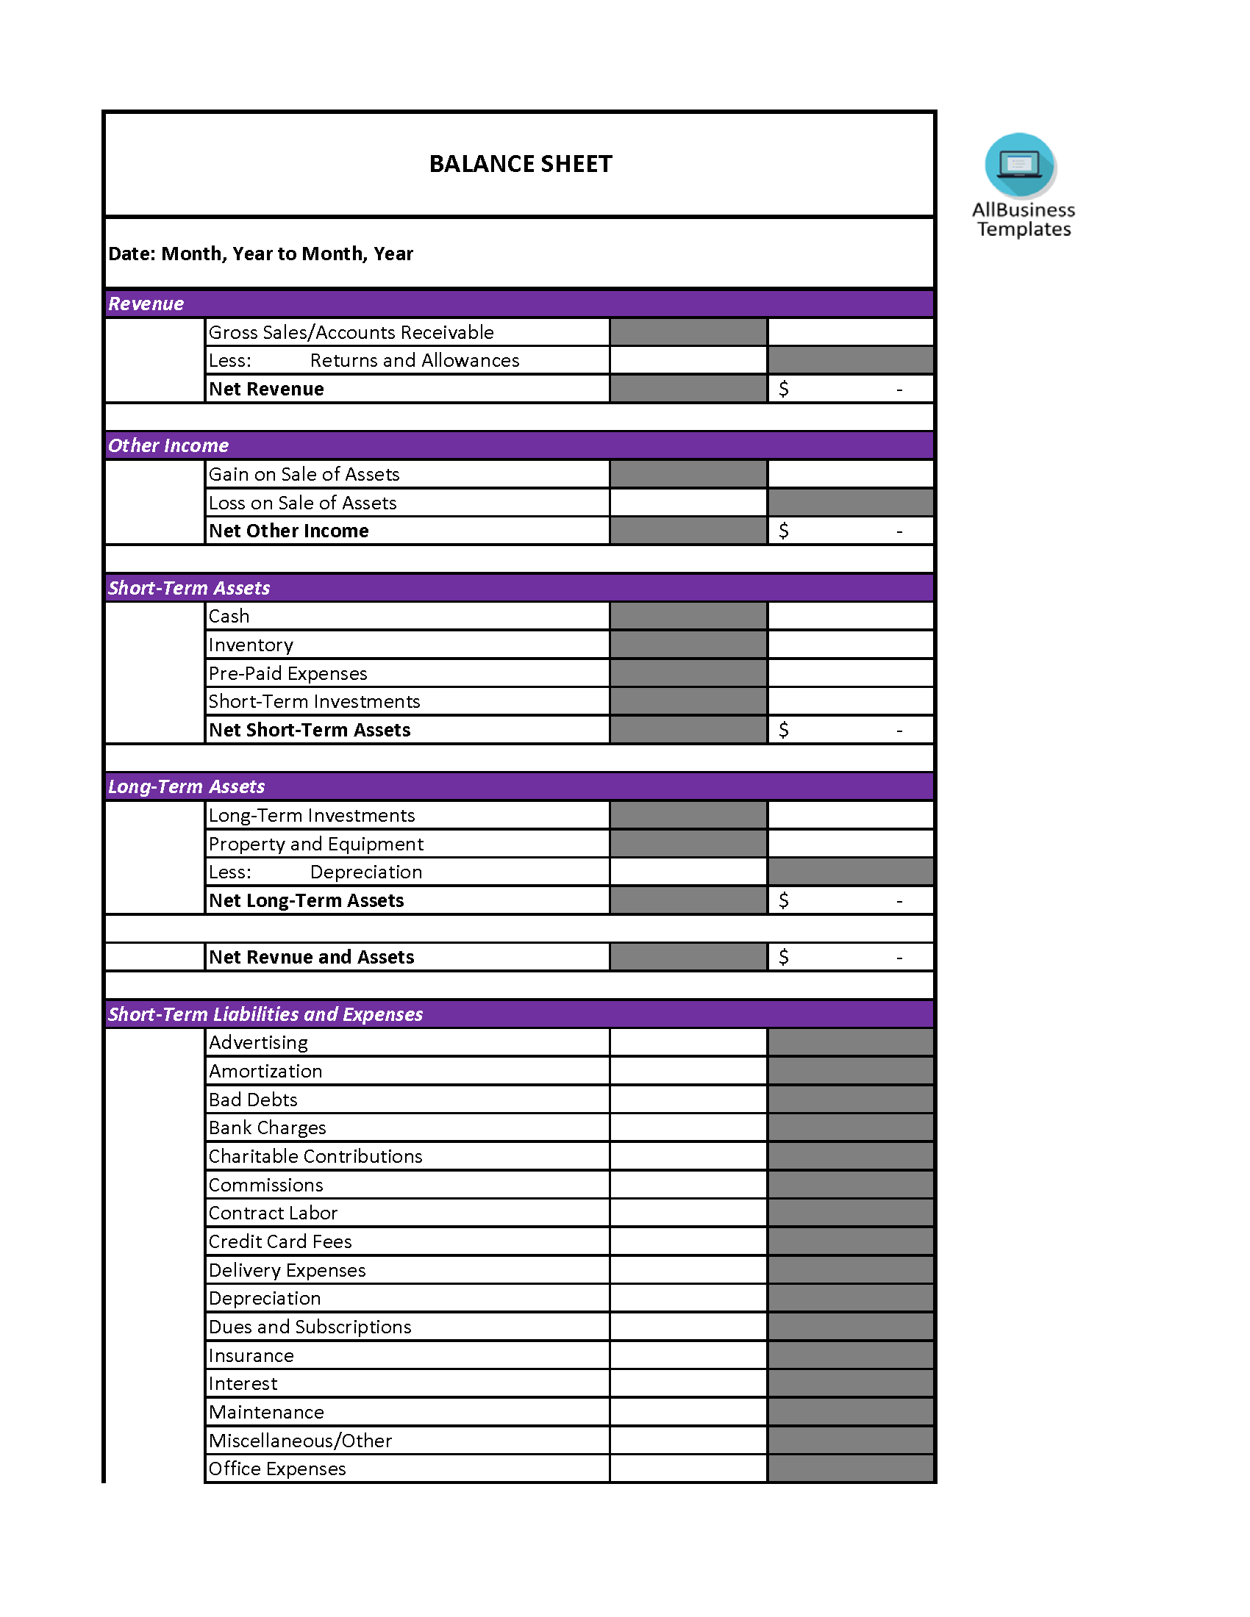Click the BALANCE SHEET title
(521, 164)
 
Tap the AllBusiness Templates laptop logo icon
(1020, 165)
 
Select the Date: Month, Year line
(261, 254)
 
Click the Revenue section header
(146, 304)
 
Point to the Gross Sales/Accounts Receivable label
(351, 332)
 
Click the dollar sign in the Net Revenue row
(784, 389)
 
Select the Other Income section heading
(168, 445)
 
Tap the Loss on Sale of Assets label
(302, 503)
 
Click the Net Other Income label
(289, 531)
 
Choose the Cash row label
(229, 616)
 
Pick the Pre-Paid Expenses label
(288, 673)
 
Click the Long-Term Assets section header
(187, 786)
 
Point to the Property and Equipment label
(316, 844)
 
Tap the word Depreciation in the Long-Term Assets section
(366, 872)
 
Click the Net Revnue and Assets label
(311, 957)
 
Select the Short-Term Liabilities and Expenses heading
(265, 1014)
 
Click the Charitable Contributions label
(315, 1156)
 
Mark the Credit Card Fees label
(280, 1241)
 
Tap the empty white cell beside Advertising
(688, 1042)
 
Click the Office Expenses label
(277, 1469)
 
